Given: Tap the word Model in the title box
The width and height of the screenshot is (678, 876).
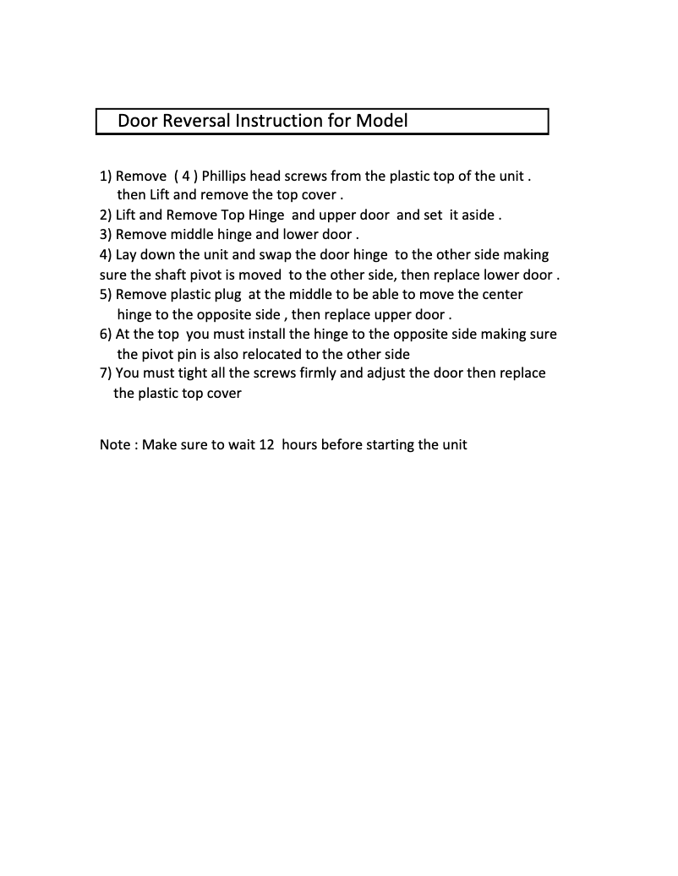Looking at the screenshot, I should coord(381,121).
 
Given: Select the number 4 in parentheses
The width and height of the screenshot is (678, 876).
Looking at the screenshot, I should coord(185,177).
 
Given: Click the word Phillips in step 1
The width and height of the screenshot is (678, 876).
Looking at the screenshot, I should coord(227,177).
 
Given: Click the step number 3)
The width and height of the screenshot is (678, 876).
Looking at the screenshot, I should coord(106,234).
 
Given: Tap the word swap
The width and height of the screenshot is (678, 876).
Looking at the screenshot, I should coord(273,254).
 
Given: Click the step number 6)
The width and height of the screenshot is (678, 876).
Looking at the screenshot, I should coord(106,334).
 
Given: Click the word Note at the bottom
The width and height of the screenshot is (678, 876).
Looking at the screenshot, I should coord(114,444).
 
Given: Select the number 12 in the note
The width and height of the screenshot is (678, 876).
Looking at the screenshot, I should coord(266,444).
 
